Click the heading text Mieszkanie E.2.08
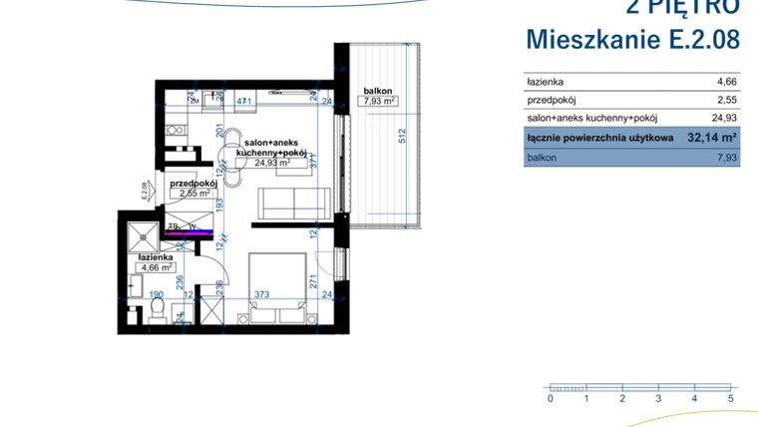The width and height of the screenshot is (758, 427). [x=632, y=40]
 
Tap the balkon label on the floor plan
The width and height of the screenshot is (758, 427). [x=376, y=89]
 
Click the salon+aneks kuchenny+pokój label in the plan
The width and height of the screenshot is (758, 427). [x=270, y=147]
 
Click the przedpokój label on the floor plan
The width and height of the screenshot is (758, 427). [x=193, y=185]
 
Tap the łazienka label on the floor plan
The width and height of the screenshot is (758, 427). [x=157, y=256]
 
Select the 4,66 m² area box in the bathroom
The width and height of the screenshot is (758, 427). [x=157, y=267]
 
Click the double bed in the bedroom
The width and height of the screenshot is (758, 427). [x=276, y=288]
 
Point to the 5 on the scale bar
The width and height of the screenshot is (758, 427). [x=731, y=398]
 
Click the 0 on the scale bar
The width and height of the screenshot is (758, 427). [x=550, y=398]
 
